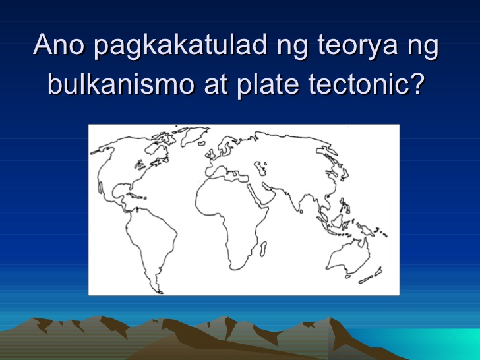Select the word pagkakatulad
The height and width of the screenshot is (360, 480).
[173, 47]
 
